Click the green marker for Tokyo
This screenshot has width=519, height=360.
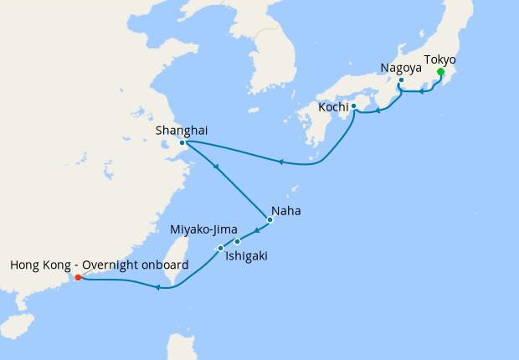pyautogui.click(x=440, y=72)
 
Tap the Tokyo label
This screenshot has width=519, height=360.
pyautogui.click(x=440, y=59)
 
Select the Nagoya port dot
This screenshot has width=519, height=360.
pyautogui.click(x=401, y=80)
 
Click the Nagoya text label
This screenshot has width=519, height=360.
pyautogui.click(x=400, y=67)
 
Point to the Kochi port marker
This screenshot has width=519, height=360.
pyautogui.click(x=353, y=106)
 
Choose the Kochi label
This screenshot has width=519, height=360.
pyautogui.click(x=332, y=107)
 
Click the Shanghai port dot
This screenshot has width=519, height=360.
pyautogui.click(x=182, y=142)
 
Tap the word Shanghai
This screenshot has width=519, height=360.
pyautogui.click(x=182, y=130)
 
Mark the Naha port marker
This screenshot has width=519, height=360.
pyautogui.click(x=270, y=220)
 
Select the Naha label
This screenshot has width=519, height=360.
pyautogui.click(x=286, y=211)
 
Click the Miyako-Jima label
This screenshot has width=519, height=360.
pyautogui.click(x=203, y=229)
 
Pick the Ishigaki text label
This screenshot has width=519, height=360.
pyautogui.click(x=246, y=256)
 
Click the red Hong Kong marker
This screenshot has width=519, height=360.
pyautogui.click(x=77, y=277)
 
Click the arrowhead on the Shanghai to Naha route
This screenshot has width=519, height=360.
pyautogui.click(x=216, y=167)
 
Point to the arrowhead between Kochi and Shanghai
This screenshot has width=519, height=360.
pyautogui.click(x=280, y=162)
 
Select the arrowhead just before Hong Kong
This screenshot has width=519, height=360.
pyautogui.click(x=157, y=288)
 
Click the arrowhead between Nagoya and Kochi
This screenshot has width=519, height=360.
pyautogui.click(x=379, y=109)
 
